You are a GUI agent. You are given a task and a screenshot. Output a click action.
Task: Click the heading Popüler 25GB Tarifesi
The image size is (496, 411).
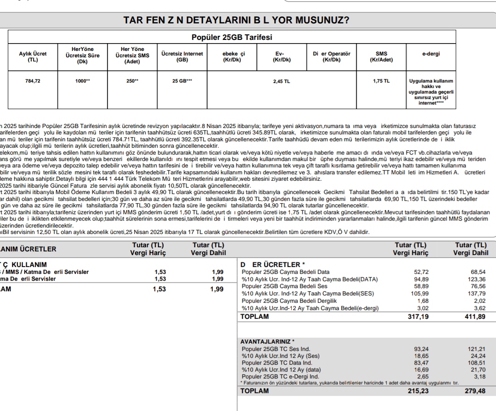click(x=232, y=37)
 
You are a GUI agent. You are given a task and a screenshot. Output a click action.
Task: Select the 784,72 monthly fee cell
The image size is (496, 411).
click(x=33, y=81)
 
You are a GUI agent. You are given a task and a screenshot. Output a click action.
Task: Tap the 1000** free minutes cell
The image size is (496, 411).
click(x=83, y=81)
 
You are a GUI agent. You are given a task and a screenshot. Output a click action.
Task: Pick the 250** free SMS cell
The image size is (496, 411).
click(x=132, y=81)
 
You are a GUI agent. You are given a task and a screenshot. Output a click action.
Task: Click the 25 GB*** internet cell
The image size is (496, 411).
click(x=182, y=81)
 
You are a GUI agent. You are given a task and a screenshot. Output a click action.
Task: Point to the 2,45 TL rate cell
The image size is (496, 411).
click(x=282, y=81)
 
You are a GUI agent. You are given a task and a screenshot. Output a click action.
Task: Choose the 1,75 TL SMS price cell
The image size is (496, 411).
click(x=381, y=81)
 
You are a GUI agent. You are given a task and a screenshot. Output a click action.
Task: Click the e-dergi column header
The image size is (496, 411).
click(x=431, y=54)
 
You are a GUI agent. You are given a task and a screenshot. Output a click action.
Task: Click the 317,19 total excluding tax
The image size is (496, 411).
click(x=418, y=317)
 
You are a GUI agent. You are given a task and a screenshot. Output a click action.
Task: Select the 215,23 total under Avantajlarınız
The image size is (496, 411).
click(x=418, y=391)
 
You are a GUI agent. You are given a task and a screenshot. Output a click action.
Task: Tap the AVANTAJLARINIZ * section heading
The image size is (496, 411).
click(x=268, y=342)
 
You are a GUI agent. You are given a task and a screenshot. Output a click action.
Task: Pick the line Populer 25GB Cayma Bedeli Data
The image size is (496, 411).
click(x=285, y=272)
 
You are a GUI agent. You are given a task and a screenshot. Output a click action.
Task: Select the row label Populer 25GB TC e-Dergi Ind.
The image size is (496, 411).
click(x=280, y=377)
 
